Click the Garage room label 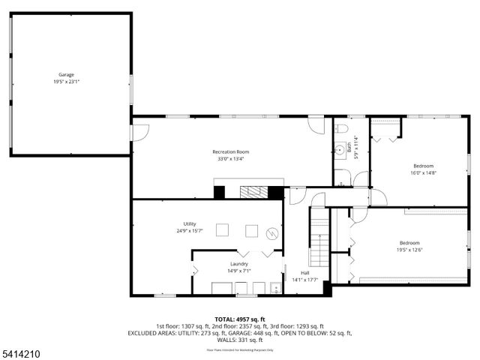66,74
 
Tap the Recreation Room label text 230,152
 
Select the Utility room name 190,224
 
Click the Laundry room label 239,264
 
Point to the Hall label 305,273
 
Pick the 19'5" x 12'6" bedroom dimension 409,250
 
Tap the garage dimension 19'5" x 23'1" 66,81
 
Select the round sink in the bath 340,149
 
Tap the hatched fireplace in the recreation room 254,191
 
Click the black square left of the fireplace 219,192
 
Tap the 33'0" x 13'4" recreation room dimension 230,159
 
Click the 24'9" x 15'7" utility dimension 190,231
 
